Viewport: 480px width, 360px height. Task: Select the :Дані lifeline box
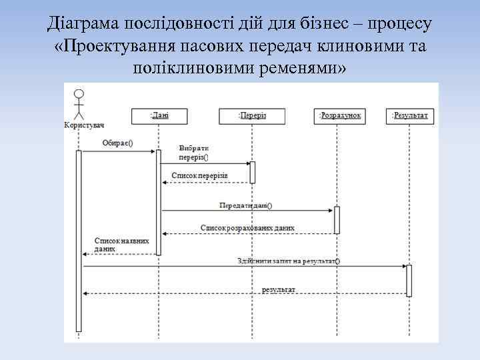pyautogui.click(x=159, y=115)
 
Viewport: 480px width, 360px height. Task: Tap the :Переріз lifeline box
pyautogui.click(x=252, y=116)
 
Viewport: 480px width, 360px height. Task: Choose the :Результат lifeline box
pyautogui.click(x=409, y=115)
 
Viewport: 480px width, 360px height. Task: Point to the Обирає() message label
pyautogui.click(x=117, y=143)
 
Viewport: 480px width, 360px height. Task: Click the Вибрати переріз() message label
pyautogui.click(x=193, y=153)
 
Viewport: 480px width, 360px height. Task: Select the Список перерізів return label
pyautogui.click(x=199, y=175)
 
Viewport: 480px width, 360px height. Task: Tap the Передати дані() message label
pyautogui.click(x=246, y=205)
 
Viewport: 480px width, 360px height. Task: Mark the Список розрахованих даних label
pyautogui.click(x=247, y=227)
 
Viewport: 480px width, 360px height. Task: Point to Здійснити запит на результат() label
pyautogui.click(x=287, y=261)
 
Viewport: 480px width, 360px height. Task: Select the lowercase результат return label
pyautogui.click(x=279, y=289)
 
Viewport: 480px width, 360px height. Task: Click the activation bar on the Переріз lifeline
pyautogui.click(x=253, y=172)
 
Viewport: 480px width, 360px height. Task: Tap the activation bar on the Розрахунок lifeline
pyautogui.click(x=337, y=219)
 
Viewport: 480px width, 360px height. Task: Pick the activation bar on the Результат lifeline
pyautogui.click(x=409, y=280)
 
